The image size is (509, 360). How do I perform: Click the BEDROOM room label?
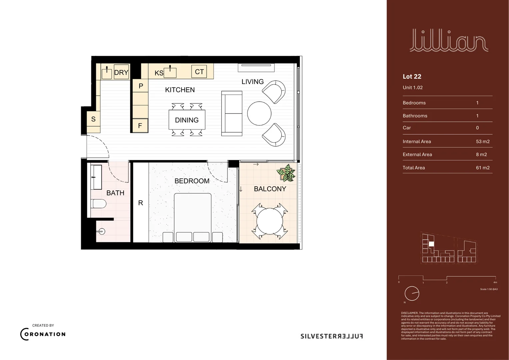click(192, 181)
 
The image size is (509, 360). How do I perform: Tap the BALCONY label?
click(270, 189)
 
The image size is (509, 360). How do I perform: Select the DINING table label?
click(187, 120)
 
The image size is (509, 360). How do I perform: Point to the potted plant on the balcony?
click(286, 173)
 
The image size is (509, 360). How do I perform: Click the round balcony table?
click(269, 221)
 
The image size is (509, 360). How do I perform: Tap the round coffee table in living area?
click(259, 113)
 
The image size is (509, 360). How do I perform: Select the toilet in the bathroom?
click(99, 203)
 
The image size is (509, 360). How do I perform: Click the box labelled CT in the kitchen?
click(199, 72)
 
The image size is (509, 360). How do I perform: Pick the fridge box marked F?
click(140, 126)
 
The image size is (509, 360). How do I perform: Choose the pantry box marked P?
click(141, 86)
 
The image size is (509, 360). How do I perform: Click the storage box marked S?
click(93, 119)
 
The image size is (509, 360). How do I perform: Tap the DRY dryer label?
click(121, 72)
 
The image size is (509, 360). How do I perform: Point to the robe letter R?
click(141, 203)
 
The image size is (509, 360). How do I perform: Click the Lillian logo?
click(449, 41)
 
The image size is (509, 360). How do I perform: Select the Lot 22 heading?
click(412, 76)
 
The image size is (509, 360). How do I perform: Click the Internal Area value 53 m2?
click(483, 141)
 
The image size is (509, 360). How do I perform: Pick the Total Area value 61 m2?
click(483, 168)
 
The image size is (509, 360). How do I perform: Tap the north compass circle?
click(412, 294)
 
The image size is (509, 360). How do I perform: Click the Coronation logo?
click(43, 334)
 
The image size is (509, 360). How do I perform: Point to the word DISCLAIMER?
click(409, 313)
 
